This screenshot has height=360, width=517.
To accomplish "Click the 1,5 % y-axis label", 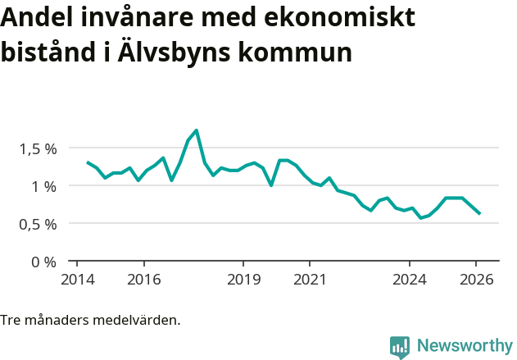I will pos(38,149).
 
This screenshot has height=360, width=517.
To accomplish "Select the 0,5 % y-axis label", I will pos(38,225).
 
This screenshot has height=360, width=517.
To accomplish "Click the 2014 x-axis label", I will pos(77,279).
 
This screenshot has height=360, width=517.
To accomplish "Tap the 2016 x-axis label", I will pos(144,279).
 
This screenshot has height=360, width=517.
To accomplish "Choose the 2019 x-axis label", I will pos(243,279).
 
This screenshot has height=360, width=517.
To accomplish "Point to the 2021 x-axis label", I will pos(310,279).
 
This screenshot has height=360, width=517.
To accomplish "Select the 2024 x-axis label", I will pos(410,279).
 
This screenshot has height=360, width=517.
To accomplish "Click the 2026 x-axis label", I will pos(476,279).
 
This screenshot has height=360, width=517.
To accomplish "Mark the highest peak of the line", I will pos(197,130).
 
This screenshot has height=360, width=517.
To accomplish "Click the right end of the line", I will pos(479,213).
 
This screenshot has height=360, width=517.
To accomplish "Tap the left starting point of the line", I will pos(88,162).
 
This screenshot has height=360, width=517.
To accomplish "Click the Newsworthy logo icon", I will pos(399,347).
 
